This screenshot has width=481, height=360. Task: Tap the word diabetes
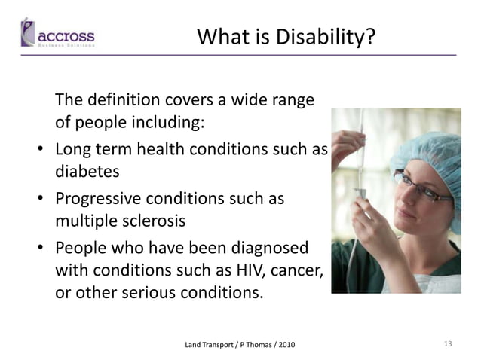[x=87, y=171]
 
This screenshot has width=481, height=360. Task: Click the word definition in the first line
[x=121, y=99]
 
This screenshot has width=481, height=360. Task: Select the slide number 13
[x=447, y=344]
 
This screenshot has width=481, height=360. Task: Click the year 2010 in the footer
[x=286, y=345]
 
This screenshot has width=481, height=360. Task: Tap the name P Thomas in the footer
[x=255, y=345]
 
